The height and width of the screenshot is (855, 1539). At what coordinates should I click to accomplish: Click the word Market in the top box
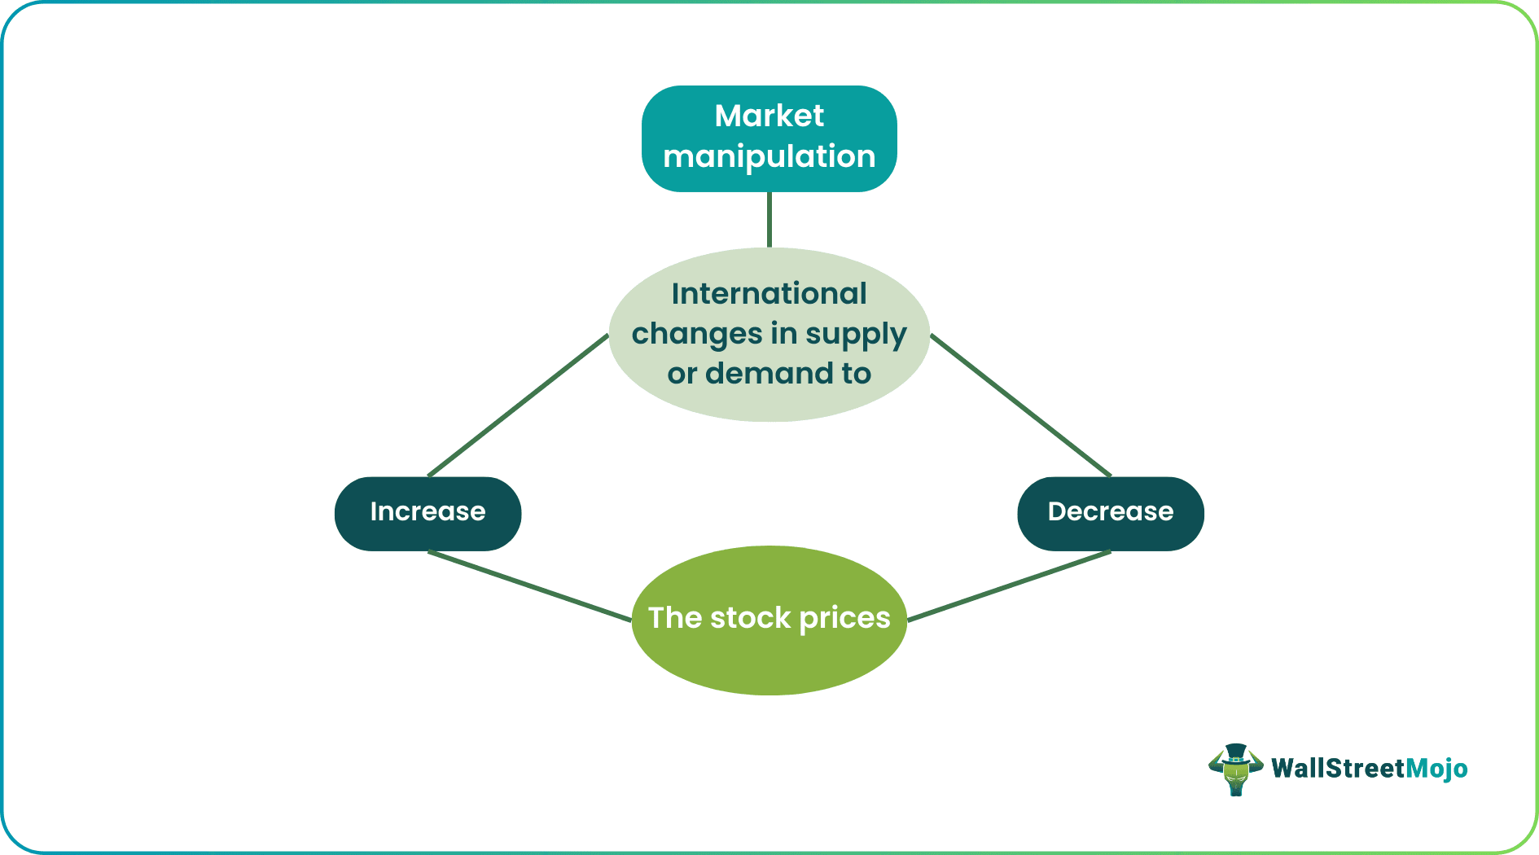coord(769,116)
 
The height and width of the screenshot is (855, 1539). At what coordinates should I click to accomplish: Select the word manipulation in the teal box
coord(769,156)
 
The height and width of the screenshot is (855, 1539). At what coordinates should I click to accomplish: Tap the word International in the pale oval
coord(769,294)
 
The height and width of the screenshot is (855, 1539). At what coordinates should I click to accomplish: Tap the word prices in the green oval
coord(844,619)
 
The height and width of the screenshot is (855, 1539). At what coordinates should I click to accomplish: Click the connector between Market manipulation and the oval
coord(769,220)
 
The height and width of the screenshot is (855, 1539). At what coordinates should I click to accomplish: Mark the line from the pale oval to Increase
coord(518,406)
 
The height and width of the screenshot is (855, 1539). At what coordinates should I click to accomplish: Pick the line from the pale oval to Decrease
coord(1020,406)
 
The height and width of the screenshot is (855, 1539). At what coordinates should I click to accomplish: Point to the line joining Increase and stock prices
coord(529,586)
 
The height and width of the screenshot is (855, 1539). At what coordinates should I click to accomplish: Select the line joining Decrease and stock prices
coord(1010,586)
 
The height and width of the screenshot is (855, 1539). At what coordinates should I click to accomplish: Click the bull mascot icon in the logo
coord(1235,770)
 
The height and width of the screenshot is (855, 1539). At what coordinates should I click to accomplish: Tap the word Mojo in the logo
coord(1436,769)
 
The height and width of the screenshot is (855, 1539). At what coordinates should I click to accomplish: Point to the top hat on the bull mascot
coord(1236,752)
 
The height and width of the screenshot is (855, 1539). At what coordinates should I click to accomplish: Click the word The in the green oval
coord(675,618)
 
